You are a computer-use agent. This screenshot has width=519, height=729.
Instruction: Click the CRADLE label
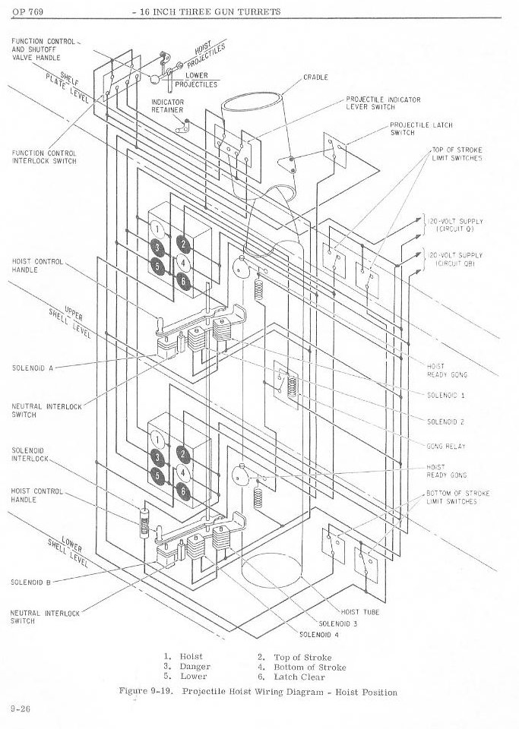click(315, 77)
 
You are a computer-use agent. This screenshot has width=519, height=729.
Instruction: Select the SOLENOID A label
click(31, 368)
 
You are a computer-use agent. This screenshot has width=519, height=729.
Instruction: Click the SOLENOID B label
click(31, 582)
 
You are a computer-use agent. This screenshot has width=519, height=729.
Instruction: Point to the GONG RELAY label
click(446, 447)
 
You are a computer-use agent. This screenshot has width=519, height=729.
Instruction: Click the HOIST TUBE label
click(360, 611)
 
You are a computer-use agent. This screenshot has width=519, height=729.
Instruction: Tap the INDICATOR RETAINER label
click(167, 106)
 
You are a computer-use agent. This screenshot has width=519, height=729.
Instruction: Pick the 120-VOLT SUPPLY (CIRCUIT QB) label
click(454, 259)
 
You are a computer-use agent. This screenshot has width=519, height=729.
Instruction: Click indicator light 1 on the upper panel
click(157, 229)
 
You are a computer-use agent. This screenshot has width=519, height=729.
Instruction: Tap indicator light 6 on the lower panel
click(182, 491)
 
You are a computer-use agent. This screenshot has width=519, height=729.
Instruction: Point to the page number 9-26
click(20, 708)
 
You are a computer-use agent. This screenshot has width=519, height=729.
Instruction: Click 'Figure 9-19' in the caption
click(147, 692)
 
